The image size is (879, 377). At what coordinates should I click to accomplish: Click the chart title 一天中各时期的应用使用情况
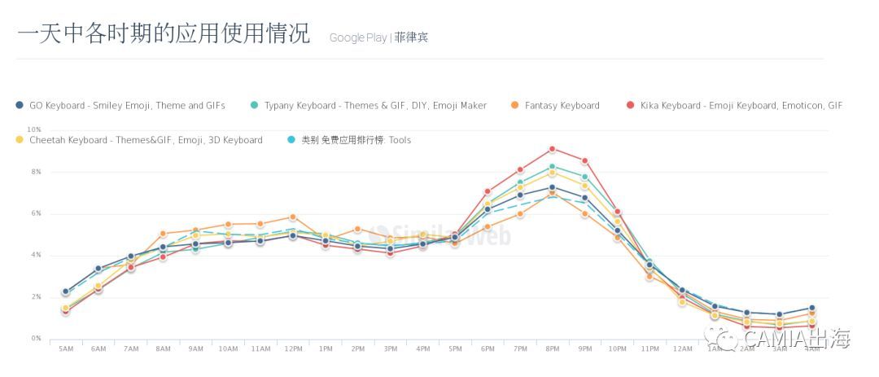[x=163, y=33]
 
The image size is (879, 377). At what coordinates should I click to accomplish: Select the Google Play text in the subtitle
[x=358, y=37]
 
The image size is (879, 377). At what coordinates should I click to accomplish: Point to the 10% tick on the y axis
[x=34, y=129]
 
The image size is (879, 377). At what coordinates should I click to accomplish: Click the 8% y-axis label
[x=36, y=172]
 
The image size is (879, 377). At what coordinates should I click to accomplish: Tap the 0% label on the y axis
[x=36, y=339]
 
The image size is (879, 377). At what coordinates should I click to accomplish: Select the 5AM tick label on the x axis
[x=66, y=349]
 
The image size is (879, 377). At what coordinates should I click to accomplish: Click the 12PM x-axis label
[x=293, y=349]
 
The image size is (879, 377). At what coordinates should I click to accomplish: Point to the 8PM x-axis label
[x=553, y=349]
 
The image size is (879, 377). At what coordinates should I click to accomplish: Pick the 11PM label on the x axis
[x=649, y=349]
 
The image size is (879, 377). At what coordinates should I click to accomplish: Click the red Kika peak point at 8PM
[x=553, y=149]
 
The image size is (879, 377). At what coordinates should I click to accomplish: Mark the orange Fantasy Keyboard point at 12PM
[x=293, y=217]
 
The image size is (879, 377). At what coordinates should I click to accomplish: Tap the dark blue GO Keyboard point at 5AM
[x=66, y=291]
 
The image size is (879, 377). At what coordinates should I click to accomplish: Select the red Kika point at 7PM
[x=520, y=170]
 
